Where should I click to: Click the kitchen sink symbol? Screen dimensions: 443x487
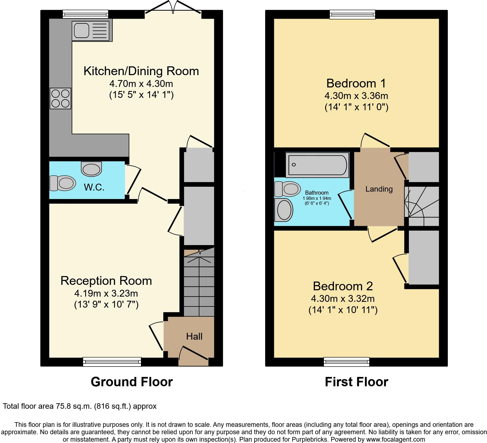[92, 31]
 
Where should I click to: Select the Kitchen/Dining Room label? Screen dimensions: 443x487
[141, 71]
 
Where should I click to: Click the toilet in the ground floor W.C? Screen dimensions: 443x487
[63, 183]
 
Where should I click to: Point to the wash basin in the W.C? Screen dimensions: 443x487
[91, 168]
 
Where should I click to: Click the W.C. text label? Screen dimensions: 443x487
[94, 187]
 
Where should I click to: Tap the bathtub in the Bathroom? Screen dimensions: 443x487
[317, 165]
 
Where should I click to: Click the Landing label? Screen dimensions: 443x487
[379, 189]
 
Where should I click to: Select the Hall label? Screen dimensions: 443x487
[194, 336]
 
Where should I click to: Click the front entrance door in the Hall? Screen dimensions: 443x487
[193, 356]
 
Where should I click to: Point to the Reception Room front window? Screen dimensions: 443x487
[112, 362]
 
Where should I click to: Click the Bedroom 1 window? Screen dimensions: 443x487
[352, 15]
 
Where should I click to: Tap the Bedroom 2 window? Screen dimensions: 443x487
[347, 362]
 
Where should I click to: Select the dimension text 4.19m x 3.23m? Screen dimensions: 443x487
[106, 293]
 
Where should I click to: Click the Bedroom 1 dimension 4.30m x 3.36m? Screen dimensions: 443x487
[356, 96]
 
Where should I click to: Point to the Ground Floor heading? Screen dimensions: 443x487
[132, 382]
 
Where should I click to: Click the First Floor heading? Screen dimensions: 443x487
[356, 382]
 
